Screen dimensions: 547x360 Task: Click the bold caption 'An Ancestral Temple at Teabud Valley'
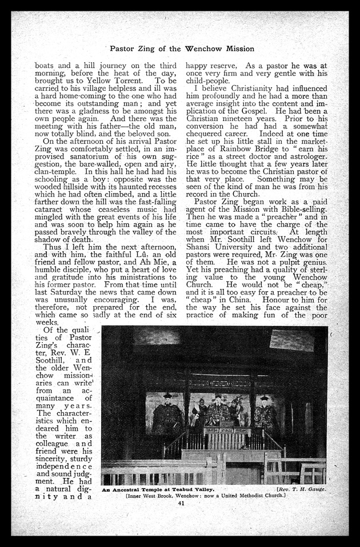click(157, 489)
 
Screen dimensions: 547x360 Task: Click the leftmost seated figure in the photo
click(167, 417)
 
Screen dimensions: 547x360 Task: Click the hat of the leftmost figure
click(167, 396)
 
